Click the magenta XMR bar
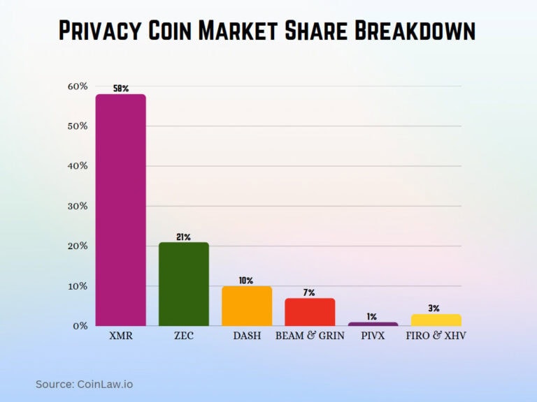(120, 209)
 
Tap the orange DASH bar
(247, 306)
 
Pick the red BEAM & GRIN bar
(310, 312)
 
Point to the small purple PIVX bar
(373, 324)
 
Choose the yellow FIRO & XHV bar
(436, 320)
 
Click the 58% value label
(120, 89)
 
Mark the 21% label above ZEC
(183, 237)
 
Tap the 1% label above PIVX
(373, 316)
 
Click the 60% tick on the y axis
(78, 87)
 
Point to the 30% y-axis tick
(78, 206)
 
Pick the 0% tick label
(80, 326)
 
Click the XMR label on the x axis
(120, 336)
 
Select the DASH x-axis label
(247, 336)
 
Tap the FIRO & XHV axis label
(436, 336)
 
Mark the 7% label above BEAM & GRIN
(309, 292)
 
